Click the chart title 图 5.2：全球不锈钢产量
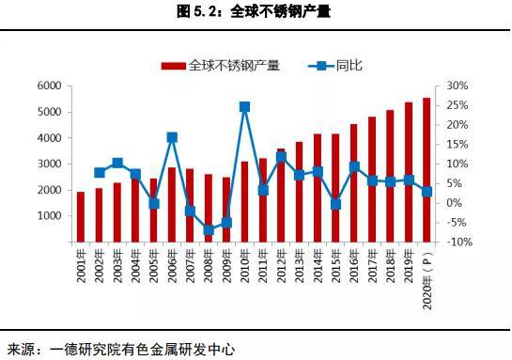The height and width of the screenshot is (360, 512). [255, 12]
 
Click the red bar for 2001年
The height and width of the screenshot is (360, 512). [81, 217]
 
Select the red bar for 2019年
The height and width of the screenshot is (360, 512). [408, 172]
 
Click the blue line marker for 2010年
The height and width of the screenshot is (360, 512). [244, 107]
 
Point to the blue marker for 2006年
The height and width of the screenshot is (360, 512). [172, 137]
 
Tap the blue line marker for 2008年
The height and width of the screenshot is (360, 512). [209, 229]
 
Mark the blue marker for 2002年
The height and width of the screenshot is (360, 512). [100, 173]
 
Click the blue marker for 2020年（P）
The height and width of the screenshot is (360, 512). [427, 192]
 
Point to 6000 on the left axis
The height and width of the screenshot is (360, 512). [50, 86]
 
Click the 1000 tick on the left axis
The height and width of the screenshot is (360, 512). [50, 216]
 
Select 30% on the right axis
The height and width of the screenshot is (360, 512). [458, 86]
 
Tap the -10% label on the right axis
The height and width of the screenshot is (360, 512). [458, 243]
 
